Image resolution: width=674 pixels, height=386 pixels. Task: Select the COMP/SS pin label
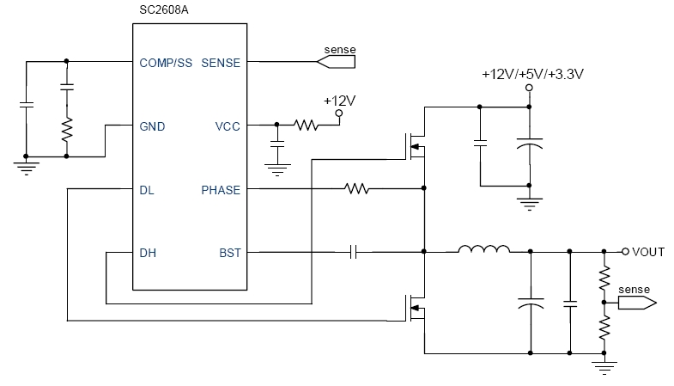pos(166,63)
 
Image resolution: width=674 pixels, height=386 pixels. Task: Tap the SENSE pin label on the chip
pos(221,63)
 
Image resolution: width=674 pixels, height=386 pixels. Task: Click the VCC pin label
pos(227,126)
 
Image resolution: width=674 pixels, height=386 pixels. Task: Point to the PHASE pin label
pos(221,189)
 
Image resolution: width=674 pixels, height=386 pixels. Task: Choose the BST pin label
pos(229,253)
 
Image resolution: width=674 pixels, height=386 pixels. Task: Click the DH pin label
pos(148,253)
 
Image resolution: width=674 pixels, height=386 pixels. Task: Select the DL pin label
pos(147,189)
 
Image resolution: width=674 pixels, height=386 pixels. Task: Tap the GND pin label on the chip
pos(152,126)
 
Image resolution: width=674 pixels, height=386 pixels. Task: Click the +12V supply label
pos(339,101)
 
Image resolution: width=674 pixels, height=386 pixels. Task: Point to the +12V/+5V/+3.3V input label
pos(532,74)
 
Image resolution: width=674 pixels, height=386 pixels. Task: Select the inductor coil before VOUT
pos(483,250)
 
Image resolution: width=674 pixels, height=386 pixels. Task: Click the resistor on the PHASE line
pos(356,188)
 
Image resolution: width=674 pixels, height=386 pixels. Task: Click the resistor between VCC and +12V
pos(306,126)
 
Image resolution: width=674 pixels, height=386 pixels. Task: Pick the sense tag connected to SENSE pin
pos(337,60)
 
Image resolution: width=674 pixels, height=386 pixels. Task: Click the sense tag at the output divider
pos(636,301)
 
